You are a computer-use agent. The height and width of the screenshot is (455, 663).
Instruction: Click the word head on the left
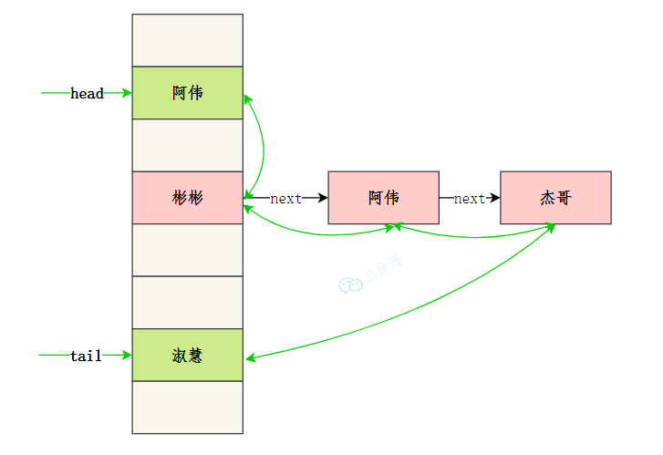point(87,93)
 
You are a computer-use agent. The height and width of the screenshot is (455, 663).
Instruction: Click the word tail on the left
point(86,356)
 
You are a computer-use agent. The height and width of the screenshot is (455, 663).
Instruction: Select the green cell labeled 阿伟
point(188,93)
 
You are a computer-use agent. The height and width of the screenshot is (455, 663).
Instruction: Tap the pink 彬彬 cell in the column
point(188,198)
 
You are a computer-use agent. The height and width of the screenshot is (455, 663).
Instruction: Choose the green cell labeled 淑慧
point(188,356)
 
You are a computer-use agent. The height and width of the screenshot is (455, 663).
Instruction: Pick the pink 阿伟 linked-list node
point(383,198)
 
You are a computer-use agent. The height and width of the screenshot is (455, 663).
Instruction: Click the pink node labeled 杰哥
point(555,198)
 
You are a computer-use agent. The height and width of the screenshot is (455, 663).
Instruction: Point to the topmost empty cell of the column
point(188,40)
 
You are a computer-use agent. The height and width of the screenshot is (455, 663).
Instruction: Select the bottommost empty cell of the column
point(188,408)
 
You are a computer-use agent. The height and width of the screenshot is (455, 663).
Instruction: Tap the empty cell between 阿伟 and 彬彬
point(188,145)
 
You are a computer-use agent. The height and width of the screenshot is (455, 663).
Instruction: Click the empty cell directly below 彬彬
point(188,250)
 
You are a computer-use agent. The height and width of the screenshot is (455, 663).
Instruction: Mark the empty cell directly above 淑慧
point(188,303)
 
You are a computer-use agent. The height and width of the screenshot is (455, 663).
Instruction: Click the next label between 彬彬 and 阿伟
point(285,199)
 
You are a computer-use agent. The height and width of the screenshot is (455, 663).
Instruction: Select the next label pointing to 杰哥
point(469,199)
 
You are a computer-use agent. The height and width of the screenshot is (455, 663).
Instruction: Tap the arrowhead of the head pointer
point(127,93)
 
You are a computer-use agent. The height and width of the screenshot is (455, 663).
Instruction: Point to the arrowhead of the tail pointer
point(127,356)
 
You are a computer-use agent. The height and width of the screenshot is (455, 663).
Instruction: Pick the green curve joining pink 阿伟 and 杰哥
point(474,236)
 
